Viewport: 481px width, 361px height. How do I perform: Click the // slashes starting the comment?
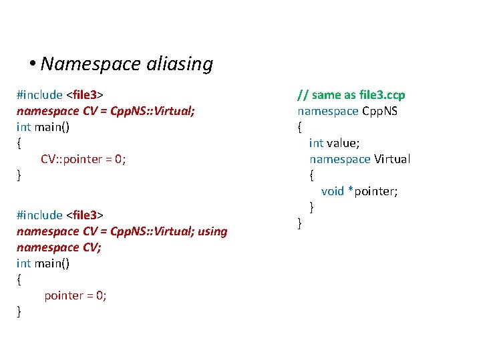click(303, 95)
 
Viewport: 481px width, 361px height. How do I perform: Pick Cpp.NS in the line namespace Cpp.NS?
click(379, 111)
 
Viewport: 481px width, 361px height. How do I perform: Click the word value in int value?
click(343, 143)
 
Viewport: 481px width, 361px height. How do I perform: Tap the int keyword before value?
click(317, 143)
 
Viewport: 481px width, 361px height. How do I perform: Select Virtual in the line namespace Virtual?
click(392, 159)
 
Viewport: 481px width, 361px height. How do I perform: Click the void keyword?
click(333, 191)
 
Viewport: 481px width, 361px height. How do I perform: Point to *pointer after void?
click(373, 191)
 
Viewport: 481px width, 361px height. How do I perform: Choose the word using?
click(213, 231)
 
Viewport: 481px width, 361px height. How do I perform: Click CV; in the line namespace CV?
click(71, 247)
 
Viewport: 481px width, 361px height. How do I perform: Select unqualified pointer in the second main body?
click(65, 295)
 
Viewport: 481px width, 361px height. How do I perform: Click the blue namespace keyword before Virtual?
click(340, 159)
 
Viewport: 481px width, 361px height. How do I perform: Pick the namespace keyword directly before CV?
click(39, 247)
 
